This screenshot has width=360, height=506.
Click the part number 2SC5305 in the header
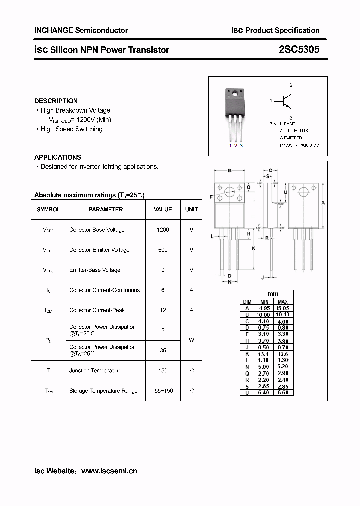[299, 50]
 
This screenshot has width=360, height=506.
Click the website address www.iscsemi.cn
[109, 471]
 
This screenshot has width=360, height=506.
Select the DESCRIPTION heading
[56, 101]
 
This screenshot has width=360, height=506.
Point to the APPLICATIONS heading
[58, 157]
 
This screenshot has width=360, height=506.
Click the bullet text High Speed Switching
[71, 129]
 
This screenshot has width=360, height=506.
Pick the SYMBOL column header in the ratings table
[48, 210]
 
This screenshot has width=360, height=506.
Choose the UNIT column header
[191, 210]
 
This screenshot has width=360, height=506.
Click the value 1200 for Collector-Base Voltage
[163, 230]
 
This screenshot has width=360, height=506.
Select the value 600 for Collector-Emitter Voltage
[163, 250]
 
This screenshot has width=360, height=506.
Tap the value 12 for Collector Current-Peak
[163, 310]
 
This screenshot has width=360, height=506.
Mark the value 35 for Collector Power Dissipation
[163, 350]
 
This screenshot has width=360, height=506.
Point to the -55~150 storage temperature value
[163, 391]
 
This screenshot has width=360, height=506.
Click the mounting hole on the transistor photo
[234, 93]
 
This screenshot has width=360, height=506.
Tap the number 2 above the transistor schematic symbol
[291, 85]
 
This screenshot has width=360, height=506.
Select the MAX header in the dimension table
[282, 302]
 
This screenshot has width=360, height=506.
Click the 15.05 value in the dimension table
[282, 308]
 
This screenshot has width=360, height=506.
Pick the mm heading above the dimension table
[273, 294]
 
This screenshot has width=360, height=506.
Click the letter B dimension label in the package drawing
[229, 171]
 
